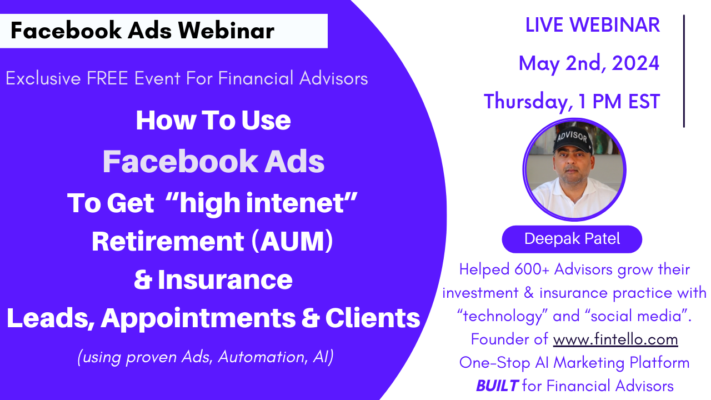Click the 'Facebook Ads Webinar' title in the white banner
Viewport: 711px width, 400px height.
[x=143, y=31]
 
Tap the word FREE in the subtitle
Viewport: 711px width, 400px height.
[x=107, y=78]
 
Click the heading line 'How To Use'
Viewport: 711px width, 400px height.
[x=213, y=121]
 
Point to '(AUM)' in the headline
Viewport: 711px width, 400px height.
[x=292, y=241]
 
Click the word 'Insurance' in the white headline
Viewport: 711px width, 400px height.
[x=225, y=279]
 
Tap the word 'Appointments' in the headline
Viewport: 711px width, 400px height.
[x=198, y=319]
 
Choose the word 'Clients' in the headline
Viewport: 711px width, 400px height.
[x=373, y=318]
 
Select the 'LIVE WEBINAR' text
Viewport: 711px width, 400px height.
[x=593, y=25]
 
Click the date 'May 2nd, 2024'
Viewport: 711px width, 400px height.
[x=589, y=63]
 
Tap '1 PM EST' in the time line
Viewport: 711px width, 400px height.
[x=619, y=102]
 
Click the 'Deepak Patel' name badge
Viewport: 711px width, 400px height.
[x=572, y=239]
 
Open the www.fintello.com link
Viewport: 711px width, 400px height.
[x=615, y=339]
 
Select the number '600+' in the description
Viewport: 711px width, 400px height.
[x=532, y=269]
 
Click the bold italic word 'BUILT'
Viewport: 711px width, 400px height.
[x=497, y=386]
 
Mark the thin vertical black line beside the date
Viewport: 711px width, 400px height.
[x=684, y=71]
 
